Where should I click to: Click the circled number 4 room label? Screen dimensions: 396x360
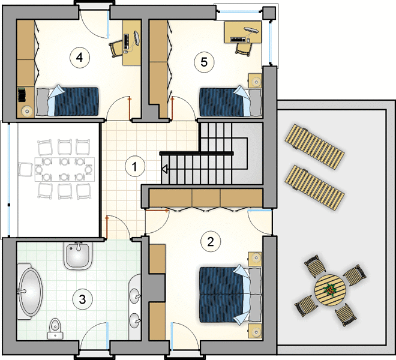pos(80,58)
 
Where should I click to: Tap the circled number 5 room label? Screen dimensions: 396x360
pos(204,62)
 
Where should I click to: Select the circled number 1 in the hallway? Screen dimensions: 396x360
pos(135,166)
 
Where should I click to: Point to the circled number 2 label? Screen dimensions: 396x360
pos(211,242)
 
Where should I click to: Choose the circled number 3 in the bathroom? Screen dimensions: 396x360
pos(83,299)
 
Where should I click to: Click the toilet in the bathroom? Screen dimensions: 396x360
pos(55,328)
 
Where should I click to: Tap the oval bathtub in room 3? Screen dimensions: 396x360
pos(31,292)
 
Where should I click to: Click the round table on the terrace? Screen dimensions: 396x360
pos(330,290)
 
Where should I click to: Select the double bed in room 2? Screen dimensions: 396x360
pos(230,295)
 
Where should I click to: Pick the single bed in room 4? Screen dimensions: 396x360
pos(67,101)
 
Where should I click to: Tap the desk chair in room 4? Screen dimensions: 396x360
pos(116,49)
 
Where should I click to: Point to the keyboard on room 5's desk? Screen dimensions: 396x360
pos(238,40)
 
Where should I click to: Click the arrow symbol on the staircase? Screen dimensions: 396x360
pos(164,169)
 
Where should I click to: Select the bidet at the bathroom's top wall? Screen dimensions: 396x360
pos(78,256)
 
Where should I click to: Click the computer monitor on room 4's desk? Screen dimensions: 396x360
pos(137,38)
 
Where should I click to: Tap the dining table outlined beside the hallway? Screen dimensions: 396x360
pos(65,169)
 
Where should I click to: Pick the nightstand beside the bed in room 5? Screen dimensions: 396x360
pos(255,81)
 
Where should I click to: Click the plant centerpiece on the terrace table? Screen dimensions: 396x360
pos(330,290)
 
